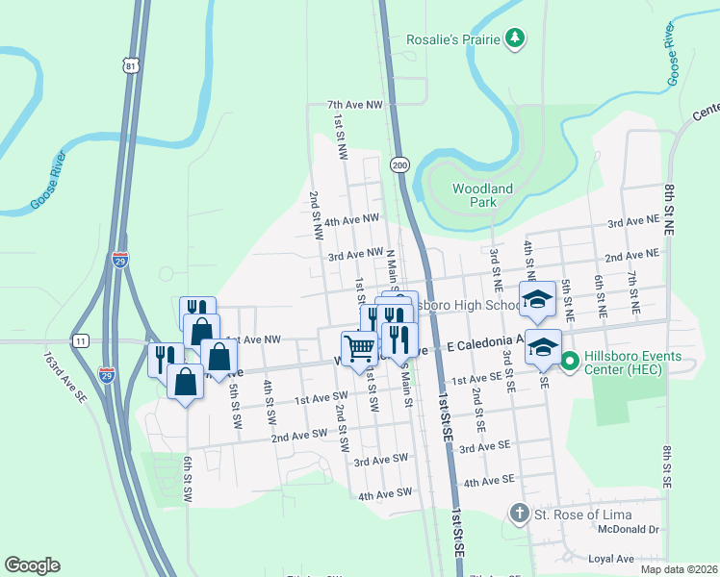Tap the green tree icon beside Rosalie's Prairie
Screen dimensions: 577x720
pyautogui.click(x=517, y=38)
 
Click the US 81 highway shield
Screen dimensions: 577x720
pyautogui.click(x=132, y=63)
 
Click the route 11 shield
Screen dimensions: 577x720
pyautogui.click(x=81, y=340)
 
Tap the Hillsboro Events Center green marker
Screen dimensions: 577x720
pyautogui.click(x=569, y=363)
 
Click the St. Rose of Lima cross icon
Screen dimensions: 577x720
pyautogui.click(x=520, y=514)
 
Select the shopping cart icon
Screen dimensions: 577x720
pyautogui.click(x=359, y=347)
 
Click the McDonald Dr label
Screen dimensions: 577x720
pyautogui.click(x=627, y=528)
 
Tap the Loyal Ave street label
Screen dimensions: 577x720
pyautogui.click(x=611, y=559)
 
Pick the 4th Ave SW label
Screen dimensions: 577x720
pyautogui.click(x=385, y=494)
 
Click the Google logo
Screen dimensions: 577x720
pyautogui.click(x=33, y=565)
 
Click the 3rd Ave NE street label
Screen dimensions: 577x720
pyautogui.click(x=632, y=223)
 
